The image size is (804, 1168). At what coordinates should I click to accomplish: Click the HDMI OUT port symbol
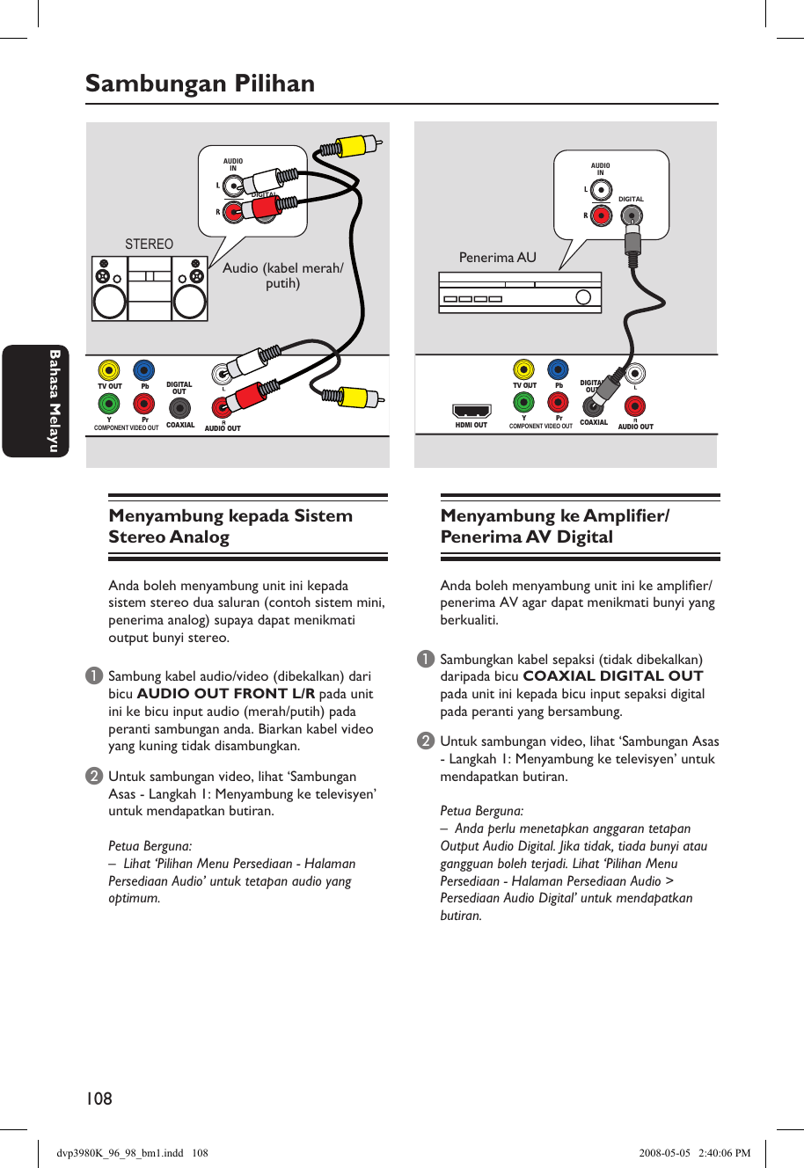(x=471, y=411)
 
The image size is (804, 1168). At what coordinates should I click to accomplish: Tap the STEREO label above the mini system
(x=149, y=244)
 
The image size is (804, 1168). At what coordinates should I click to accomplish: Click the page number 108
(x=99, y=1099)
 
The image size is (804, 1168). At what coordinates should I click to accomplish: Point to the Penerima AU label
(x=497, y=258)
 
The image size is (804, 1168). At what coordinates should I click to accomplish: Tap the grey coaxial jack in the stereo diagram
(x=179, y=408)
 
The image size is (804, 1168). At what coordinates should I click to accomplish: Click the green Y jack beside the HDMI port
(x=523, y=404)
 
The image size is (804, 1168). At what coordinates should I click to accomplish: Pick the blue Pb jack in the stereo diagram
(x=143, y=370)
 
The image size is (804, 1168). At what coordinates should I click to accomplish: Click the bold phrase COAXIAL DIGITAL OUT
(x=613, y=676)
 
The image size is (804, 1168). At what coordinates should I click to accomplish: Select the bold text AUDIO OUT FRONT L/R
(x=226, y=694)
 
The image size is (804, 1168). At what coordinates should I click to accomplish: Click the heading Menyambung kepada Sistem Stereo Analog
(x=230, y=527)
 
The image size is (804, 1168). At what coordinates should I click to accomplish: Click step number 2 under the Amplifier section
(x=426, y=741)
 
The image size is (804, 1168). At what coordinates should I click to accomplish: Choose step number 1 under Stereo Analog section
(x=93, y=676)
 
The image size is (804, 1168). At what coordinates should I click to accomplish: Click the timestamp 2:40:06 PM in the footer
(x=724, y=1153)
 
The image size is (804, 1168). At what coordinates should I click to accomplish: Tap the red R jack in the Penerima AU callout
(x=601, y=215)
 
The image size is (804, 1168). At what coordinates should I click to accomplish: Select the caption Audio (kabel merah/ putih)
(x=282, y=275)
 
